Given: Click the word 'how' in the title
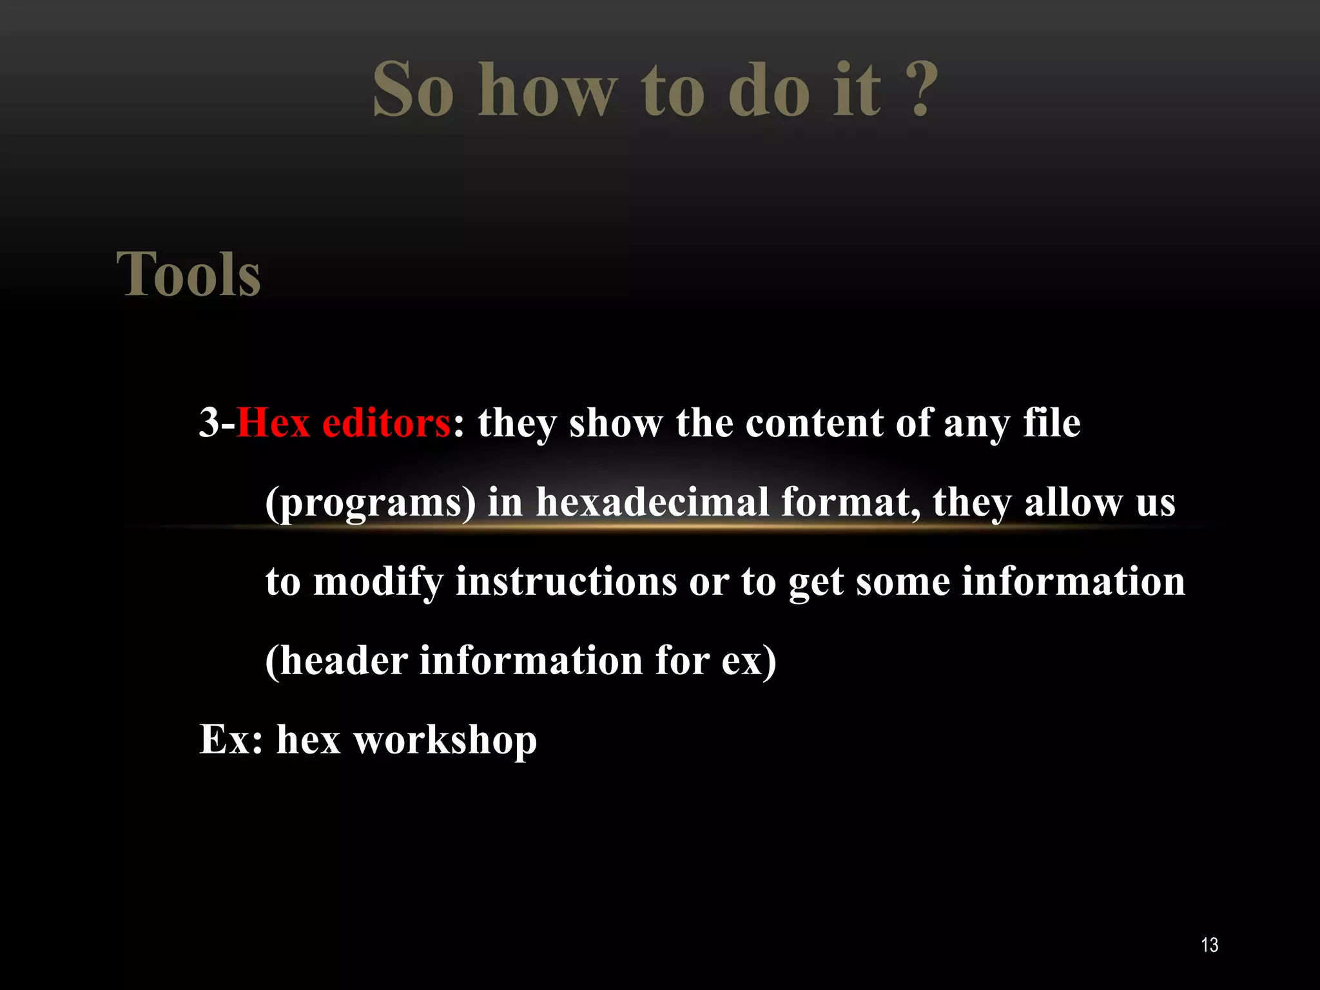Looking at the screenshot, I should tap(548, 90).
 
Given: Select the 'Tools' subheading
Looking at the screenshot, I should tap(188, 275).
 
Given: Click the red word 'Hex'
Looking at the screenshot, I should tap(273, 423).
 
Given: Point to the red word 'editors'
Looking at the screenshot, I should tap(386, 423).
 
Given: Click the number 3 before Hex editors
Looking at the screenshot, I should tap(209, 423).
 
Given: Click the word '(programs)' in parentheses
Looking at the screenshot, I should tap(371, 503).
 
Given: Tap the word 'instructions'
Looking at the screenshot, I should tap(566, 582).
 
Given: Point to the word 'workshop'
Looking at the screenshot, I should tap(445, 740).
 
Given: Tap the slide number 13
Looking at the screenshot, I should tap(1209, 945).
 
